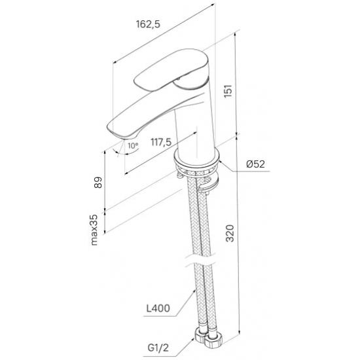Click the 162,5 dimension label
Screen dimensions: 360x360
(148, 24)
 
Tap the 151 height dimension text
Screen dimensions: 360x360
(228, 91)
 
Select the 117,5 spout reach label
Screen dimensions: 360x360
(161, 142)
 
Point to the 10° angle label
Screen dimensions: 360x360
(133, 146)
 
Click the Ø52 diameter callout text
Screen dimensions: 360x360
(255, 164)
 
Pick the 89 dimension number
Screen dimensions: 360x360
(98, 183)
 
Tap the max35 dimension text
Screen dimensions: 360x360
(94, 230)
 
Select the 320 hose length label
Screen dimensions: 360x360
(230, 233)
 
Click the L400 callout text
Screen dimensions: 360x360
(158, 308)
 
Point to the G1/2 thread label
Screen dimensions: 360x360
(158, 348)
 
